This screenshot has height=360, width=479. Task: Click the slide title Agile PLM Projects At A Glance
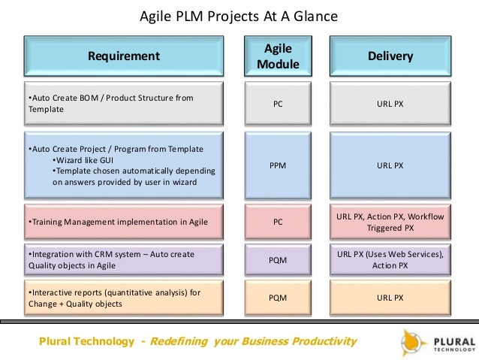(239, 16)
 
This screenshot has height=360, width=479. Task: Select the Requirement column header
(124, 56)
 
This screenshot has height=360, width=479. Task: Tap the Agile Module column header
(278, 56)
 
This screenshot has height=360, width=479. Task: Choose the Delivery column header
(390, 56)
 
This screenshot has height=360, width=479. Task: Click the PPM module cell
(278, 165)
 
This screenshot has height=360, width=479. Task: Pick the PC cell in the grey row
(278, 103)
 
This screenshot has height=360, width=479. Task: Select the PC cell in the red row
(278, 222)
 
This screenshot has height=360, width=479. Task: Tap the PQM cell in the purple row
(278, 260)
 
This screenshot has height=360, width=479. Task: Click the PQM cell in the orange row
(278, 298)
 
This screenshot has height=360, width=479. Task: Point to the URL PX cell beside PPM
(390, 165)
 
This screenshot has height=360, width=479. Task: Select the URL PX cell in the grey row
(390, 103)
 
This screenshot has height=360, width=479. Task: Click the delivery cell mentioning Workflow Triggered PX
(390, 222)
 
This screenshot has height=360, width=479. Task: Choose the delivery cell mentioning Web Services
(390, 260)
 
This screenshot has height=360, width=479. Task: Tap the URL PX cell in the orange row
(390, 298)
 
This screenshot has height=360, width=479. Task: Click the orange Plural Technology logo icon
(412, 341)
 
